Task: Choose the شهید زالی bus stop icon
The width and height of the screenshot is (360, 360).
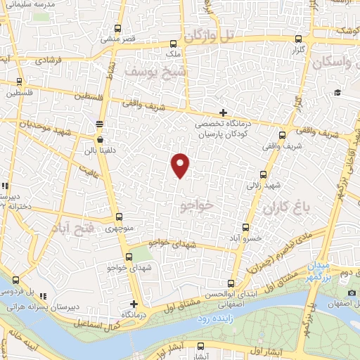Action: pos(264,174)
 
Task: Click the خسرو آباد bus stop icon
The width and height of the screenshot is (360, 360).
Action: pos(246,227)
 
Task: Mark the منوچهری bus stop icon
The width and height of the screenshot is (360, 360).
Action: pos(118,217)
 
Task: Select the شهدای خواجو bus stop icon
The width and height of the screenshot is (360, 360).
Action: pos(129,257)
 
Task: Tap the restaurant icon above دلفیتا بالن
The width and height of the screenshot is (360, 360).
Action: pos(99,122)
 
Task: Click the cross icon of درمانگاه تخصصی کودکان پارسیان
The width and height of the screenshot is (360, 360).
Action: pos(223,112)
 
